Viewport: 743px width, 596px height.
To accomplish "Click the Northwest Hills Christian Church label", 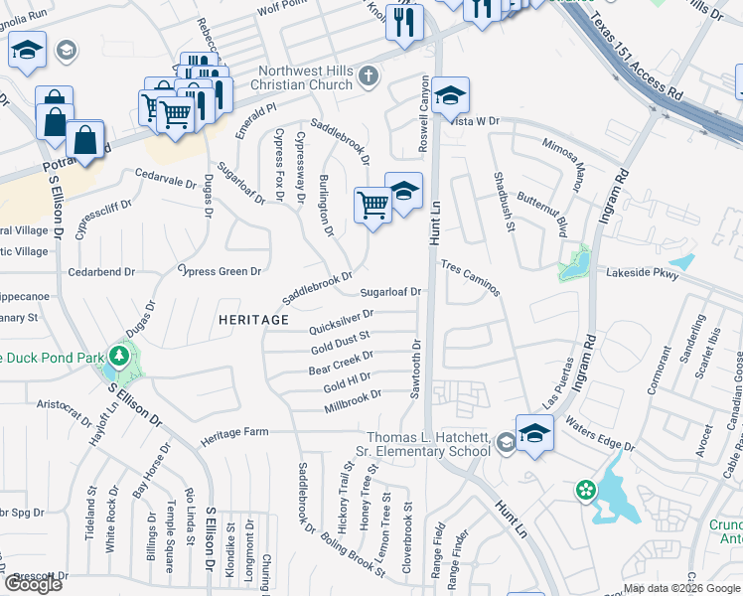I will (304, 77).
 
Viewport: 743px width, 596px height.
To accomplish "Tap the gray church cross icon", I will (368, 76).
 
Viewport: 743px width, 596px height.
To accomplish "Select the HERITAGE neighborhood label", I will (254, 320).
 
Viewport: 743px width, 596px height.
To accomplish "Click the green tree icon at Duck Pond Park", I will (120, 355).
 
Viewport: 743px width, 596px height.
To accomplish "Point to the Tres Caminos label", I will (471, 280).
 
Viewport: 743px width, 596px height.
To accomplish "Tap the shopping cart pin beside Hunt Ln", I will (372, 206).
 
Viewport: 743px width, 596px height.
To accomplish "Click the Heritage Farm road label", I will (235, 434).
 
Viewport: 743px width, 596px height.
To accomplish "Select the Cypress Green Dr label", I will (219, 270).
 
